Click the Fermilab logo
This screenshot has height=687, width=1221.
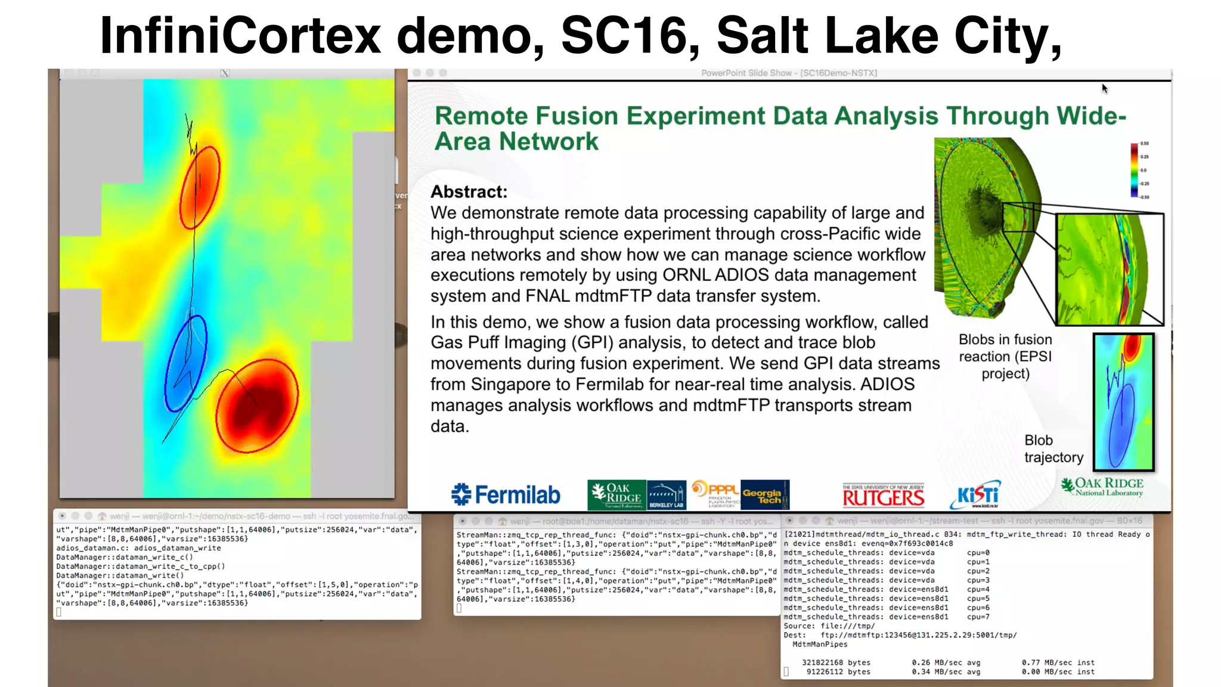pos(506,495)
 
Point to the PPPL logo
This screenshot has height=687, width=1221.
pos(714,494)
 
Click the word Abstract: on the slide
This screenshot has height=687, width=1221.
pos(469,192)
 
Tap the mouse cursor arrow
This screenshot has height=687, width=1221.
pos(1104,88)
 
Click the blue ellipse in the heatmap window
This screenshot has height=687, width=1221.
pos(186,364)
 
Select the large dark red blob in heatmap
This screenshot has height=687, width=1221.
pos(256,406)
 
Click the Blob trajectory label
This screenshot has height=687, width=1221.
pos(1053,448)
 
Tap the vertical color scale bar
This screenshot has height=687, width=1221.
pos(1134,170)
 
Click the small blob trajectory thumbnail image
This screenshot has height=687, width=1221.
pos(1123,402)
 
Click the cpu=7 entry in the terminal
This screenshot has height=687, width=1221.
pos(978,617)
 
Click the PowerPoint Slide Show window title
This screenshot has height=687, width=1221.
pos(789,73)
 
